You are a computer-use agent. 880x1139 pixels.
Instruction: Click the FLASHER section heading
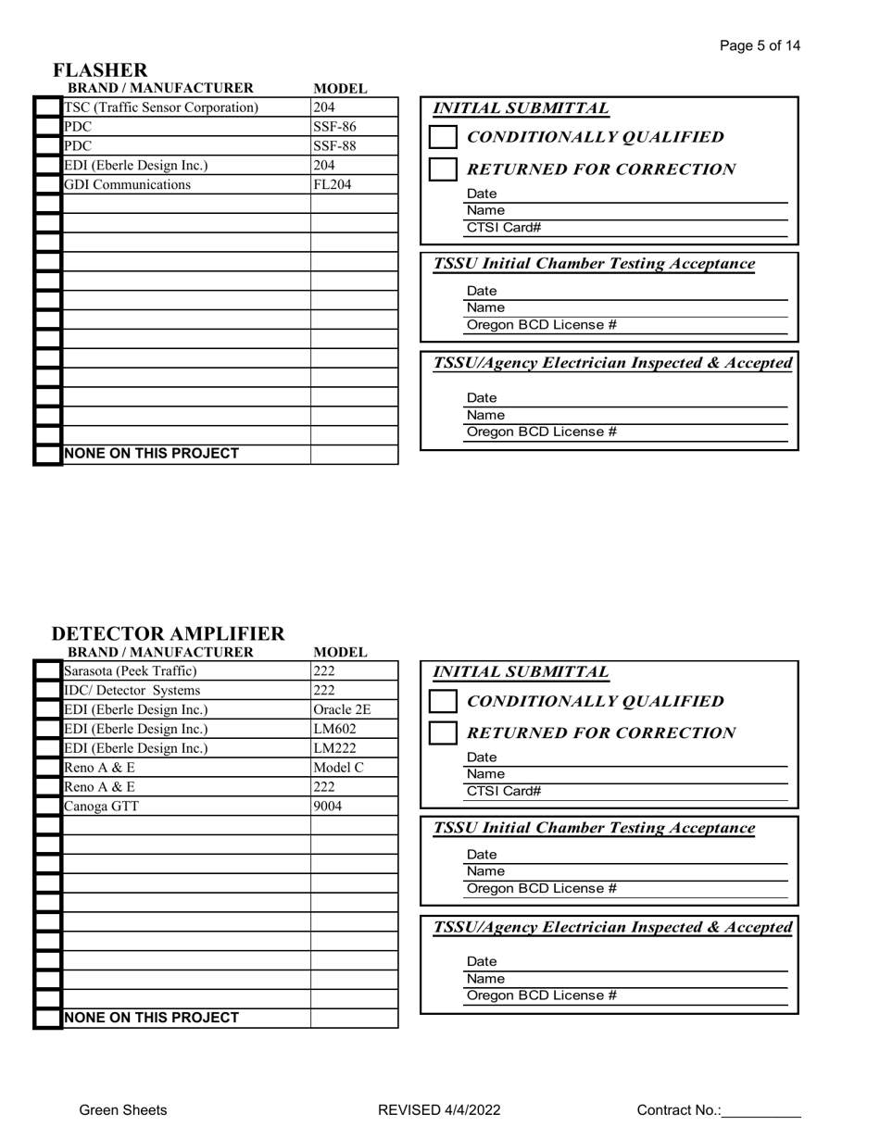[x=100, y=70]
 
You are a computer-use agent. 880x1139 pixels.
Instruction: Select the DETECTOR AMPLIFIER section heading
[x=168, y=633]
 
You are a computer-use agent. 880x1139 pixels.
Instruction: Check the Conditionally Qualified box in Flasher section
[x=444, y=137]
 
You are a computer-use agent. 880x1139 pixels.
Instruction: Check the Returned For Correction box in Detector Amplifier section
[x=444, y=733]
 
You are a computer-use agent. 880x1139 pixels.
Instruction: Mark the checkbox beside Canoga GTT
[x=48, y=807]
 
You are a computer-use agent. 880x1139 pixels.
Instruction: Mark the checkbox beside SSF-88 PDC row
[x=48, y=146]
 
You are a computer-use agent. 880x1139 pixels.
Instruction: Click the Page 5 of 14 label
[x=760, y=45]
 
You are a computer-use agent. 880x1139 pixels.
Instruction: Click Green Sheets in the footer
[x=123, y=1110]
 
